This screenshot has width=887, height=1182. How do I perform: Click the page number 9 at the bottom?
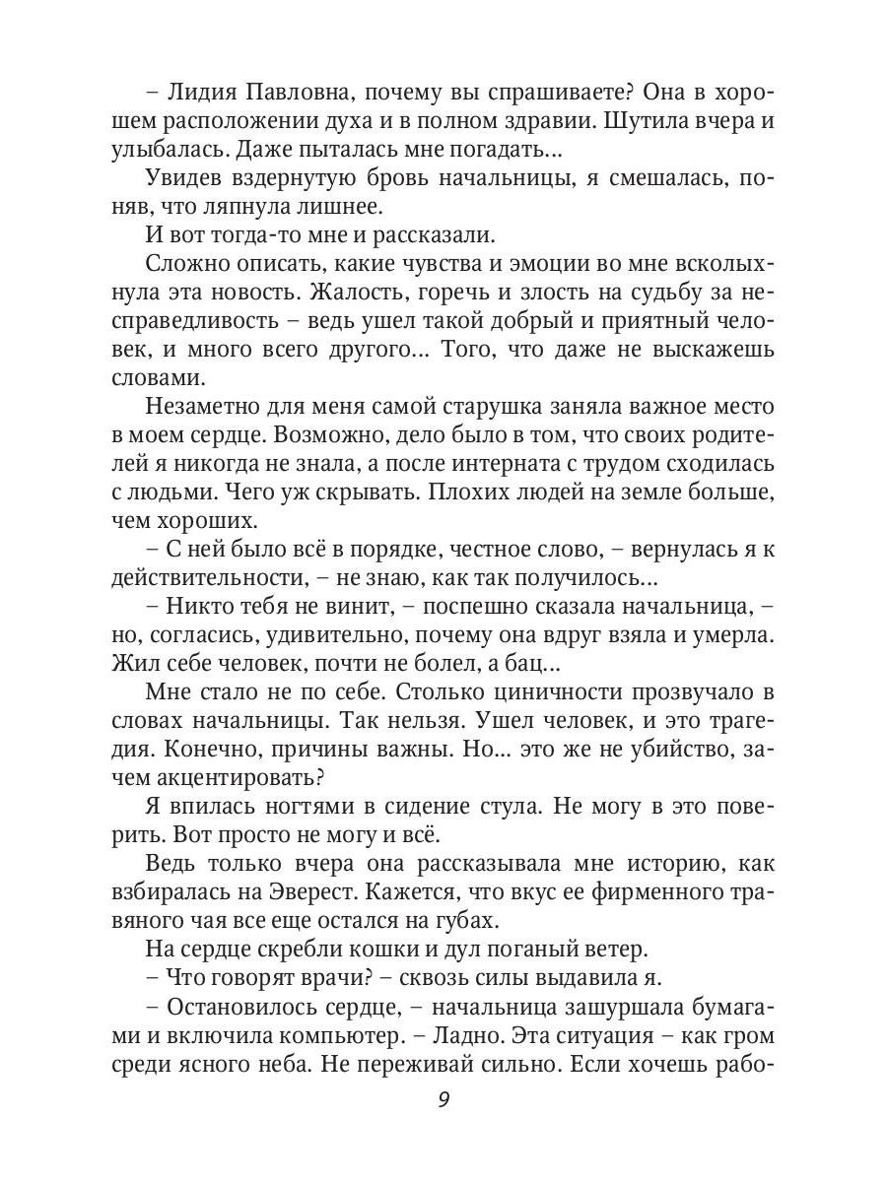443,1129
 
